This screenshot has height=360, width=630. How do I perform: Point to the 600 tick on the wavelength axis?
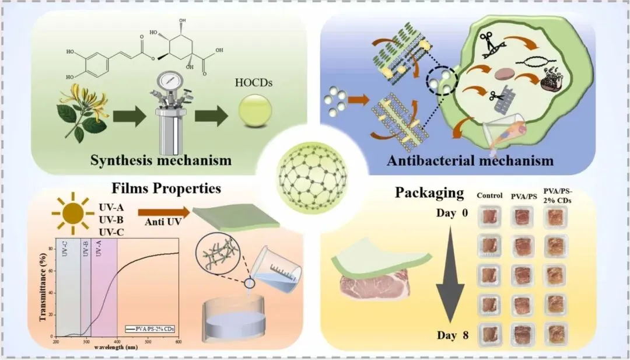coord(178,341)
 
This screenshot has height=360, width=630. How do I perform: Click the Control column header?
coord(489,195)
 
